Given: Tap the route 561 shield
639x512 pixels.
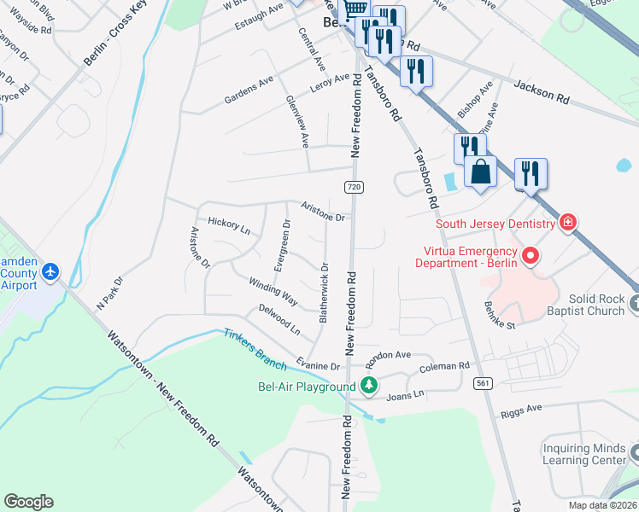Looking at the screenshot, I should pyautogui.click(x=484, y=384).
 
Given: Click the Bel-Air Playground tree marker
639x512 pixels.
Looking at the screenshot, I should pyautogui.click(x=369, y=387).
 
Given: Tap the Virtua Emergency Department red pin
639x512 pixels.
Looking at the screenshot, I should pyautogui.click(x=531, y=255).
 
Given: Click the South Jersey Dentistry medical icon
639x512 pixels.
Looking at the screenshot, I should pyautogui.click(x=567, y=224).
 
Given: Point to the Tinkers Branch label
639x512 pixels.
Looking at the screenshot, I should pyautogui.click(x=255, y=348).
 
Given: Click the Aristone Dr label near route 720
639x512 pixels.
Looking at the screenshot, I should pyautogui.click(x=322, y=211).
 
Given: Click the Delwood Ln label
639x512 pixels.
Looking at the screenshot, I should pyautogui.click(x=279, y=318).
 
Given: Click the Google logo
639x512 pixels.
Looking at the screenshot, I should pyautogui.click(x=28, y=502).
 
